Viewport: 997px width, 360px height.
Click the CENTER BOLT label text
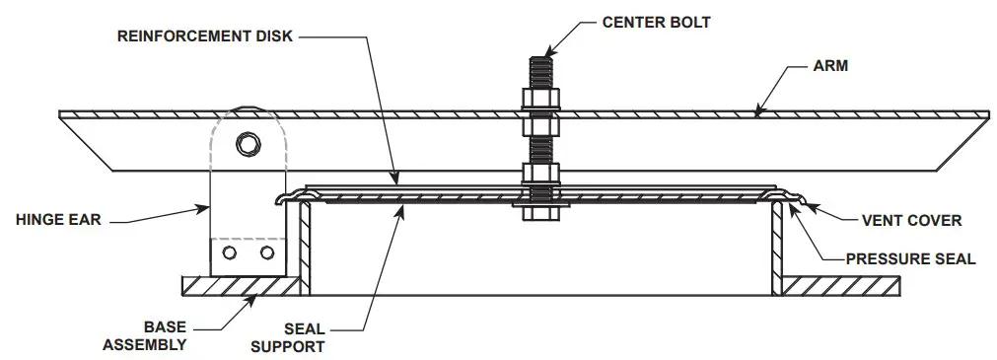(x=653, y=20)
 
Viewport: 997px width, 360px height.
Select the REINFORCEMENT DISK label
(x=205, y=36)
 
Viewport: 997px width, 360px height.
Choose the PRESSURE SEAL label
(x=910, y=258)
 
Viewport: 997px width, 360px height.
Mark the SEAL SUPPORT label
(x=287, y=337)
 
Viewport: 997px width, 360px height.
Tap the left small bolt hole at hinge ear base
(x=230, y=253)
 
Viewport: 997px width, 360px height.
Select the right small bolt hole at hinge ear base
(x=266, y=253)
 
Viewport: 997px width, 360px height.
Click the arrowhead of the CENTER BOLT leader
(x=548, y=48)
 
